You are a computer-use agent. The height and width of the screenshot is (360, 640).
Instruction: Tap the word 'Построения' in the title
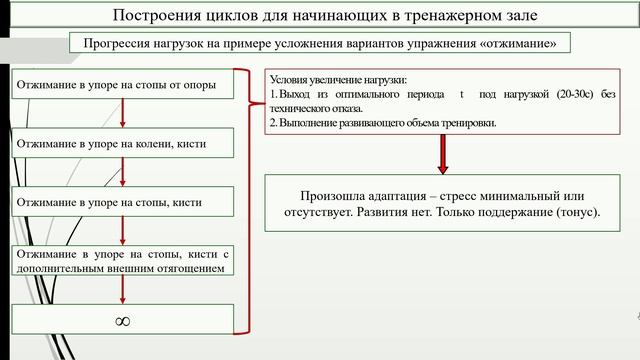[156, 16]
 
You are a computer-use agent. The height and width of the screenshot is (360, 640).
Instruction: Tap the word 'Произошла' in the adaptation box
[331, 195]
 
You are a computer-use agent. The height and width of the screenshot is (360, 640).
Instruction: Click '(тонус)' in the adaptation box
[574, 213]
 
